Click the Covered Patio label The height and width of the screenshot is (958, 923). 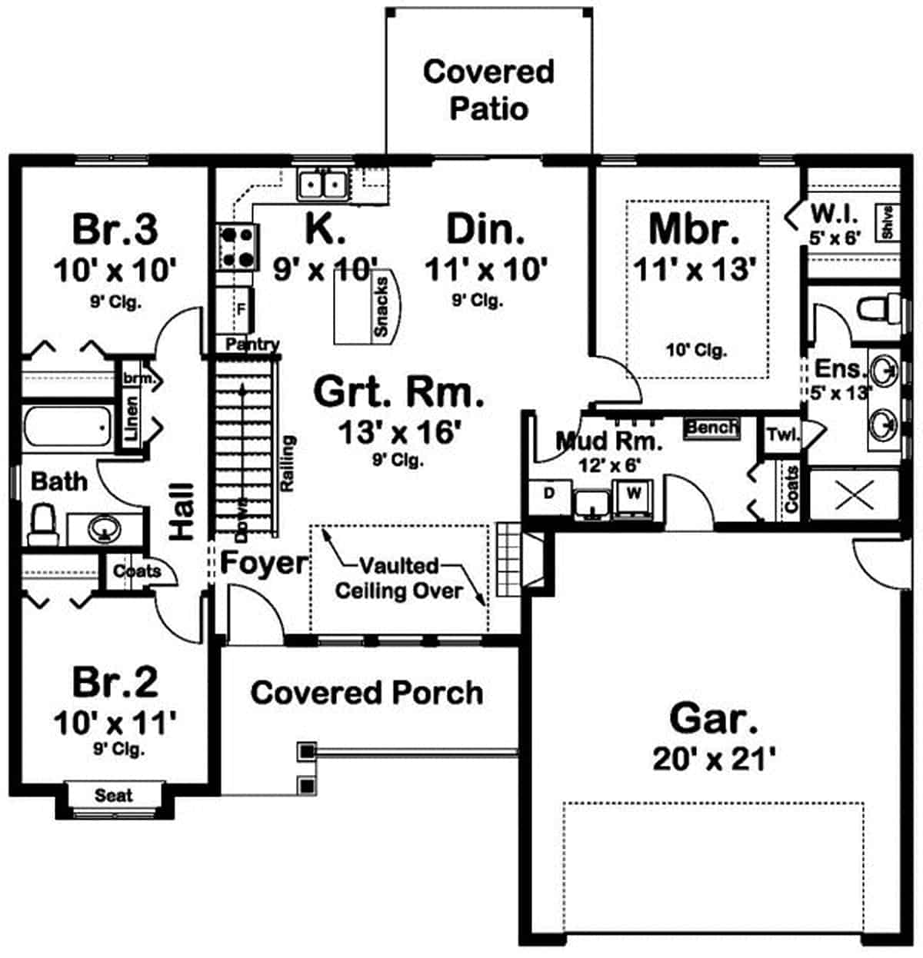click(488, 89)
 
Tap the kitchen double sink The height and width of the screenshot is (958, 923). click(323, 185)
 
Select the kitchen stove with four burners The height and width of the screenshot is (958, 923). click(236, 246)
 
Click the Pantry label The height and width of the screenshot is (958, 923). click(252, 345)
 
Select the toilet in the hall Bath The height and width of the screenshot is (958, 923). click(42, 524)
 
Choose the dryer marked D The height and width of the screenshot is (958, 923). click(548, 493)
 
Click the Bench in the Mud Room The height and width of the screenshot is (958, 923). click(711, 427)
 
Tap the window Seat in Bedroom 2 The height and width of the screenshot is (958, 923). click(113, 796)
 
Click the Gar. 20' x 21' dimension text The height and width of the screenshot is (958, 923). click(713, 760)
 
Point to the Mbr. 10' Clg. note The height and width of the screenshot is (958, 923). click(696, 351)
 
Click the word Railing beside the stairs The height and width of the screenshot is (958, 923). click(288, 464)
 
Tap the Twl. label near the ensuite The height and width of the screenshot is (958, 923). click(783, 434)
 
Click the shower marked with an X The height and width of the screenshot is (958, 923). click(855, 495)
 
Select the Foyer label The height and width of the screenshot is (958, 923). click(263, 563)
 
